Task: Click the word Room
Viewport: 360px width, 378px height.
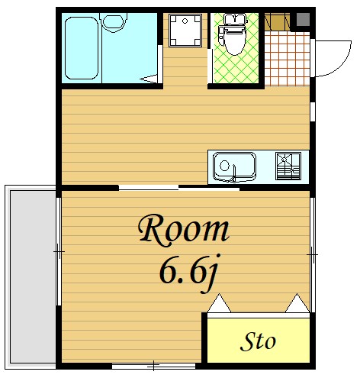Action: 184,231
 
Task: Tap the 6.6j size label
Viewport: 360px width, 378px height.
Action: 188,273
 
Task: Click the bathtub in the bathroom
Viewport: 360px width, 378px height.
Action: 82,48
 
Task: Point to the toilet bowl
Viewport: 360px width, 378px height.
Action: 234,34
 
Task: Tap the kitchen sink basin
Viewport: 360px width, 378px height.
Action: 234,166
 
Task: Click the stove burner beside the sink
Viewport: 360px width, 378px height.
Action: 288,166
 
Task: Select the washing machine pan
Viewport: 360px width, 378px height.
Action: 185,31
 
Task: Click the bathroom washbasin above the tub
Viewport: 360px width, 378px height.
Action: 114,22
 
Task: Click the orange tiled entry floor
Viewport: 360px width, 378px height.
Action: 288,58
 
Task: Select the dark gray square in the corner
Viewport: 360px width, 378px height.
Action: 303,19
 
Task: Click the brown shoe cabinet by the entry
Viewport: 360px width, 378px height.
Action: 277,22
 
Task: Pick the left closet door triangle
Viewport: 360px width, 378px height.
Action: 219,303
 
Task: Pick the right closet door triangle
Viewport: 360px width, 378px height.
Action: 297,303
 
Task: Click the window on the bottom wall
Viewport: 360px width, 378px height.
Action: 153,366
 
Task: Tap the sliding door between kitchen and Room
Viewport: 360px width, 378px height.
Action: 179,188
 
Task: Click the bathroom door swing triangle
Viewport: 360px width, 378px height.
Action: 149,79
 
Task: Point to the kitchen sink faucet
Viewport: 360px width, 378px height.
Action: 233,174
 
